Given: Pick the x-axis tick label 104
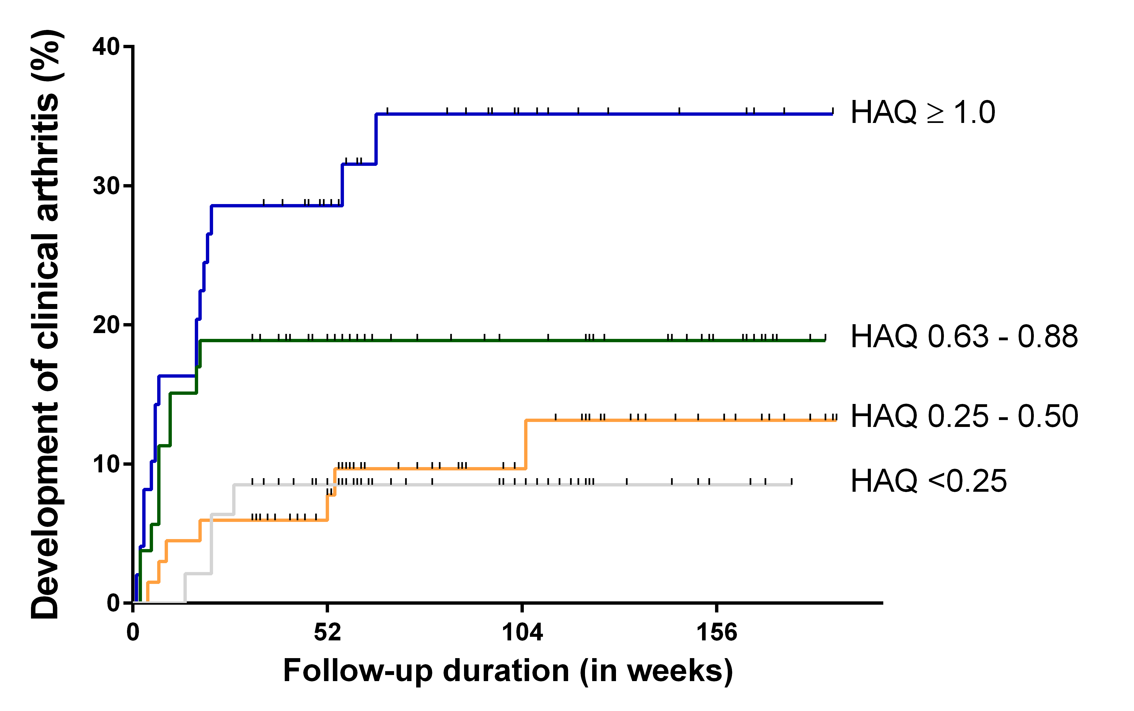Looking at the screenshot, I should tap(522, 632).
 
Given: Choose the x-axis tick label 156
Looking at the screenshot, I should tap(717, 632).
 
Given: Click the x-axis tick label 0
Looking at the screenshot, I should tap(133, 632).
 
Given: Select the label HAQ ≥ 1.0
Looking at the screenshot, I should tap(923, 113).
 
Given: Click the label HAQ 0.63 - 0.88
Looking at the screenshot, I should tap(964, 337).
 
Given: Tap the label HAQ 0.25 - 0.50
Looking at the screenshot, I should tap(964, 416).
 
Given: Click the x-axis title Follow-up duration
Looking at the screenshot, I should tap(508, 671).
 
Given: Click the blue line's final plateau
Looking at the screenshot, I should tap(611, 114).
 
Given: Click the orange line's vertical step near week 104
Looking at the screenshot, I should tap(526, 444).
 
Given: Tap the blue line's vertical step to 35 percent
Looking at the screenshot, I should tap(376, 139).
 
